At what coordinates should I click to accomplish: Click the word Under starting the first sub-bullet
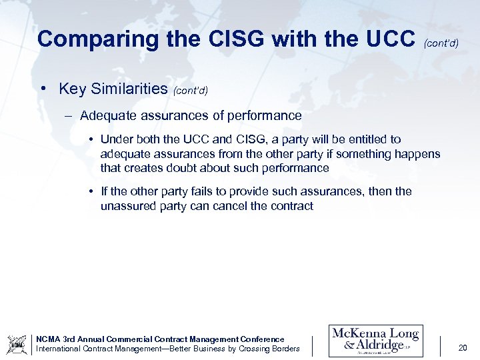pos(117,139)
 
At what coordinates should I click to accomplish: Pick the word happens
pos(418,154)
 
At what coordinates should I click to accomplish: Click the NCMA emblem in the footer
pos(17,344)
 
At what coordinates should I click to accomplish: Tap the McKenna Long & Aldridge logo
pos(375,341)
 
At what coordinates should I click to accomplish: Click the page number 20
pos(463,347)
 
